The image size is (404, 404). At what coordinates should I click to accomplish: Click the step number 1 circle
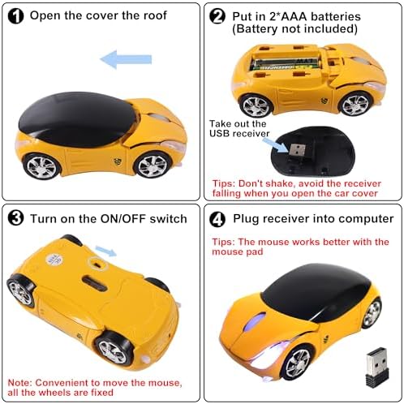click(15, 16)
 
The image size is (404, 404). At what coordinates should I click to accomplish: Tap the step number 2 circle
click(217, 16)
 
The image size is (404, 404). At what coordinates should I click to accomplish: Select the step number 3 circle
click(15, 218)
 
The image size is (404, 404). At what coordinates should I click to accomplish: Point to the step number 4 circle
click(217, 219)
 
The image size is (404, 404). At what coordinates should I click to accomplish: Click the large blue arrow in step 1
click(126, 59)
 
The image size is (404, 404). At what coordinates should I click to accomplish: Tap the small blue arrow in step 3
click(106, 251)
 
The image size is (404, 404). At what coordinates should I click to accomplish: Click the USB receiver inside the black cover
click(298, 149)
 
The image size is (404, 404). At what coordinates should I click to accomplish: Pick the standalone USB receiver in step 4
click(377, 367)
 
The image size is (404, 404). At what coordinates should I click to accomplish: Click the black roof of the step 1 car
click(77, 119)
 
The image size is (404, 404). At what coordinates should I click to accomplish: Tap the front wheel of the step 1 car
click(153, 165)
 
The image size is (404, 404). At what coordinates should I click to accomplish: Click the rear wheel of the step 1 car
click(41, 166)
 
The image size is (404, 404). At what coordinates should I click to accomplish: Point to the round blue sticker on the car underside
click(54, 260)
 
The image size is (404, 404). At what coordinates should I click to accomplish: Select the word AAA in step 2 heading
click(294, 16)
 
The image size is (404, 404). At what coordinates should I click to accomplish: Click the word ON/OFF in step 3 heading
click(123, 218)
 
